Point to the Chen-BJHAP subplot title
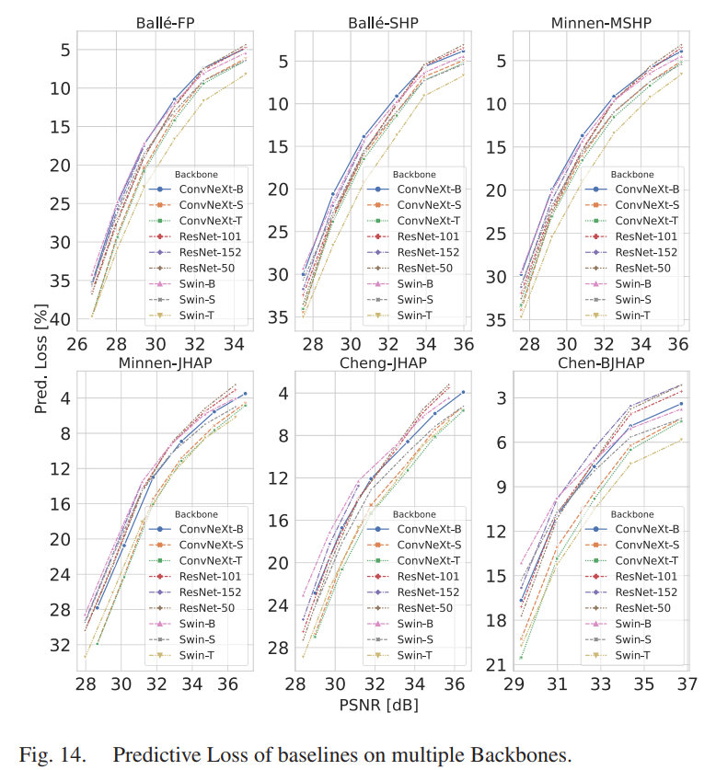point(603,362)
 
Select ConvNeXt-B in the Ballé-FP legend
point(211,188)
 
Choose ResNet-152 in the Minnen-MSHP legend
point(644,251)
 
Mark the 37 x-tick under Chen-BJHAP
point(687,684)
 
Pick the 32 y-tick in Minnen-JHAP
point(62,645)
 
